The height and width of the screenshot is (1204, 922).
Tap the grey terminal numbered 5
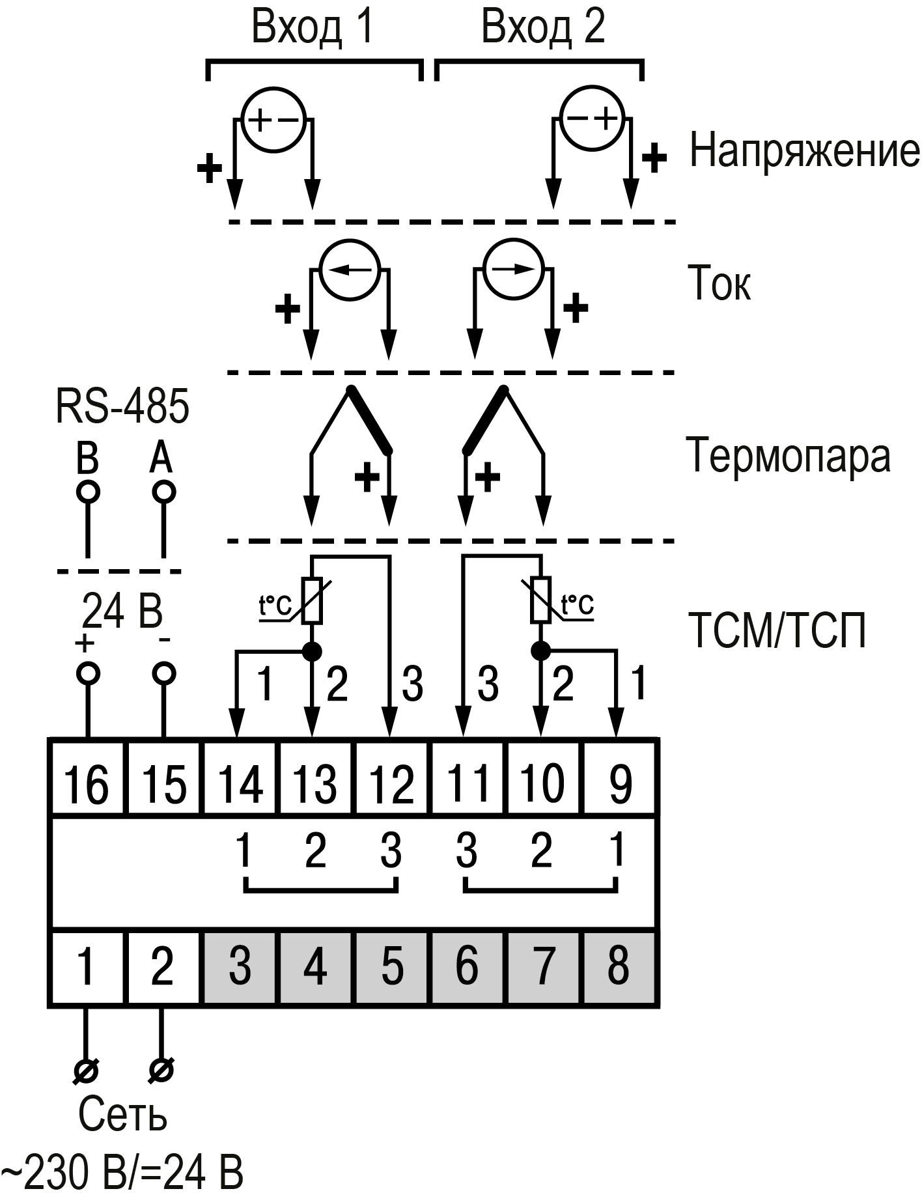(x=391, y=966)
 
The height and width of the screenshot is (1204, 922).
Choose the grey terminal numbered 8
(x=619, y=966)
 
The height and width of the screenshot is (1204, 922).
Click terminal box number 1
(x=86, y=966)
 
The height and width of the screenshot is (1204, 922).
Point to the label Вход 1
(x=313, y=28)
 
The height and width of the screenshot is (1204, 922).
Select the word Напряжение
(x=804, y=150)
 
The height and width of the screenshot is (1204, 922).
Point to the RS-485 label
(x=122, y=406)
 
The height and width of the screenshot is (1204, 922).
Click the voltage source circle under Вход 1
(x=273, y=120)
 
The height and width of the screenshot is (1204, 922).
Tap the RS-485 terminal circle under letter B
(x=87, y=492)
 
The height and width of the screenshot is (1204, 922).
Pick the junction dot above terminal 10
(x=540, y=650)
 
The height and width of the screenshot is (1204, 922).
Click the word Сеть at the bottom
(x=122, y=1114)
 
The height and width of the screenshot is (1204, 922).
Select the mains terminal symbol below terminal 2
(x=161, y=1069)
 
